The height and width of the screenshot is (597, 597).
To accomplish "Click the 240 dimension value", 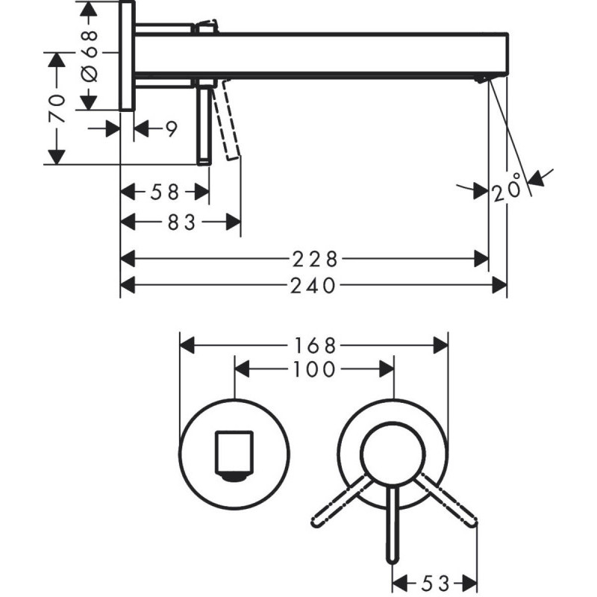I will click(313, 284).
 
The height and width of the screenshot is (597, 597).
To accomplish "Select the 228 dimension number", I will click(313, 259).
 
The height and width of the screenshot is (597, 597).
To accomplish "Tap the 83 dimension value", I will click(180, 222).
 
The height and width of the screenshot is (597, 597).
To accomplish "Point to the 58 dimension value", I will click(164, 193).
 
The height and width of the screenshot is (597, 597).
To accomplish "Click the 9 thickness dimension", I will click(171, 129).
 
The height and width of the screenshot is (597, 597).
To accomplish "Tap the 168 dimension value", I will click(313, 346).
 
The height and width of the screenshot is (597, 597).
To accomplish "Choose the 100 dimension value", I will click(313, 369).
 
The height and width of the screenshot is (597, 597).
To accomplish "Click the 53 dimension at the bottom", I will click(435, 582).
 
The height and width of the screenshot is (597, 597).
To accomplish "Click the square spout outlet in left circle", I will click(234, 454).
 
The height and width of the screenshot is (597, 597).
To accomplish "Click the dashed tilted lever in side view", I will click(227, 123).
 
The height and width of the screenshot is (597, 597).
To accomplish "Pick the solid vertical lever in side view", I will click(203, 123).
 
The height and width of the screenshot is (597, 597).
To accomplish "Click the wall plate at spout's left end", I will click(128, 56).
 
